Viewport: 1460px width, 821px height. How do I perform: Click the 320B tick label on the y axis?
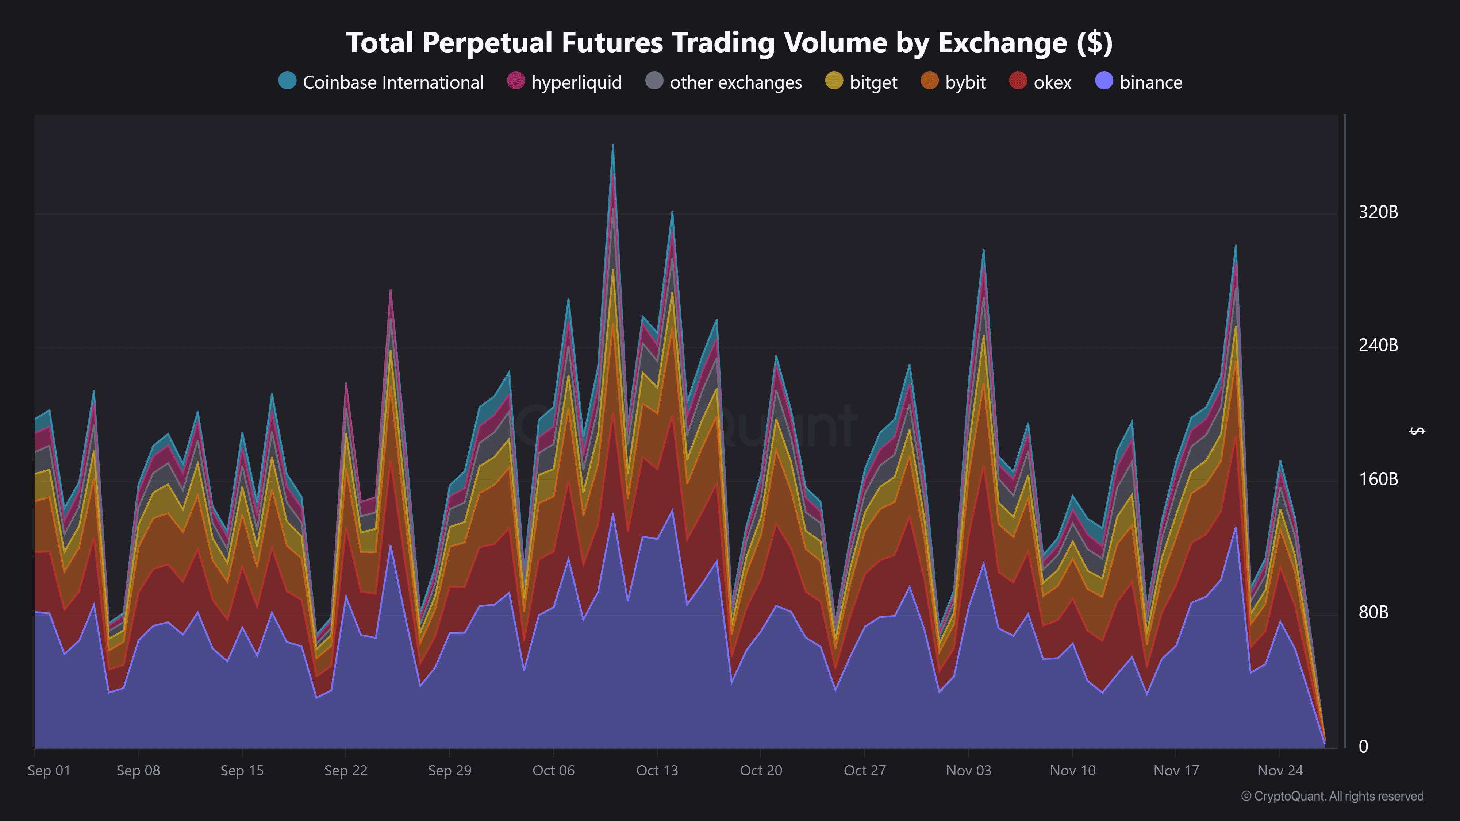coord(1378,212)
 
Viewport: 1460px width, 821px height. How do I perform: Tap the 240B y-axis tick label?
coord(1378,346)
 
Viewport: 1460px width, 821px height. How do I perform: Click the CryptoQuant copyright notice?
coord(1332,796)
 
